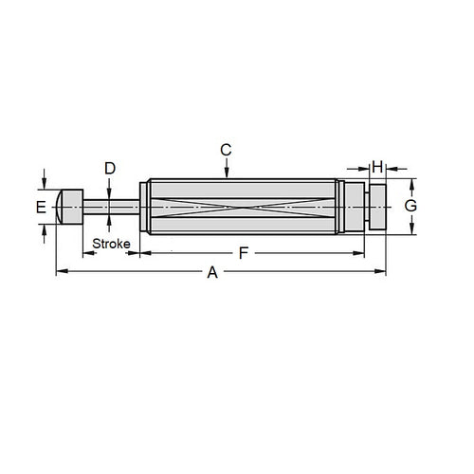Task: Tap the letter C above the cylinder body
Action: click(x=226, y=150)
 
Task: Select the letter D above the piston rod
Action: click(x=110, y=169)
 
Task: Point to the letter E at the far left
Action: click(x=41, y=206)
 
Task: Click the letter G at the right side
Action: click(x=410, y=206)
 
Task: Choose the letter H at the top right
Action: click(x=376, y=167)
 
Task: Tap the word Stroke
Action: click(x=111, y=245)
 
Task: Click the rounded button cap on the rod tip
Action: click(x=70, y=206)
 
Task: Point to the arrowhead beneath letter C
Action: click(x=226, y=173)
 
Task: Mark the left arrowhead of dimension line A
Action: click(x=60, y=272)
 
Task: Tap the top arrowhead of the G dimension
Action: click(x=410, y=182)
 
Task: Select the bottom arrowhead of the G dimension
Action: click(x=410, y=229)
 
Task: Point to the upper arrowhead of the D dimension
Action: click(x=110, y=192)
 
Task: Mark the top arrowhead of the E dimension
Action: click(x=44, y=186)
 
